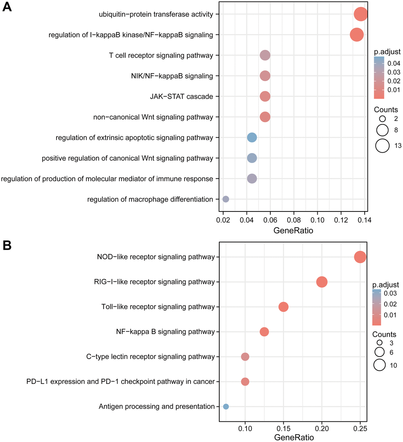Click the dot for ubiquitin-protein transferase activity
coord(361,15)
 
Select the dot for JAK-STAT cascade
coord(265,96)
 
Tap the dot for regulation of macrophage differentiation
coord(226,199)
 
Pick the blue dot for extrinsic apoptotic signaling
coord(252,138)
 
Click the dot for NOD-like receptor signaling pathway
coord(360,257)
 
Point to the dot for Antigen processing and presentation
coord(226,406)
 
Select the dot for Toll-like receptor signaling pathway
coord(283,307)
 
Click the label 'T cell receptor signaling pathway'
coord(161,55)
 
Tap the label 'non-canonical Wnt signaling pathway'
coord(153,117)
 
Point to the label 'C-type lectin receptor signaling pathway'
coord(150,357)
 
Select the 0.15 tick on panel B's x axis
coord(283,429)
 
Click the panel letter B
coord(7,246)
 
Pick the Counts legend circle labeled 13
coord(382,146)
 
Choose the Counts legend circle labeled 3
coord(380,342)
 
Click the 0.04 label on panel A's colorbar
coord(394,63)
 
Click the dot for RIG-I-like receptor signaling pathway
coord(322,282)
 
